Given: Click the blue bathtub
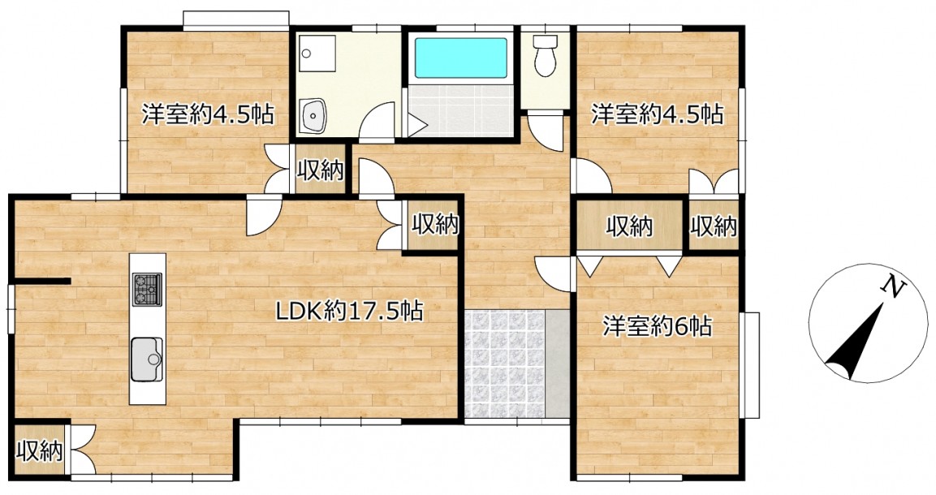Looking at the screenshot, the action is click(460, 58).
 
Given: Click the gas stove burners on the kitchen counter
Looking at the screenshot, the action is click(147, 289).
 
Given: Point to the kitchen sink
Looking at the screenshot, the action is click(147, 359).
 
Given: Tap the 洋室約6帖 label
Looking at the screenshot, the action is click(657, 326).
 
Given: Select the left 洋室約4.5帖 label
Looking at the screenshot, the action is click(208, 114).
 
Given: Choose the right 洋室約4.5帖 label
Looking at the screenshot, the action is click(658, 114).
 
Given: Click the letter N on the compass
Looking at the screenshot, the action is click(892, 287).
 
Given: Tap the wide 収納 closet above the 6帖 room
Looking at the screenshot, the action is click(630, 226).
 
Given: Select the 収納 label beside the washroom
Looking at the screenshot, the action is click(321, 170).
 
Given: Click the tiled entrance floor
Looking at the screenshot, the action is click(504, 364).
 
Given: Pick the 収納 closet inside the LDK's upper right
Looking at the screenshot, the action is click(435, 224).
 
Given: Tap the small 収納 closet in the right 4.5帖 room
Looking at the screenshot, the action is click(714, 226).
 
